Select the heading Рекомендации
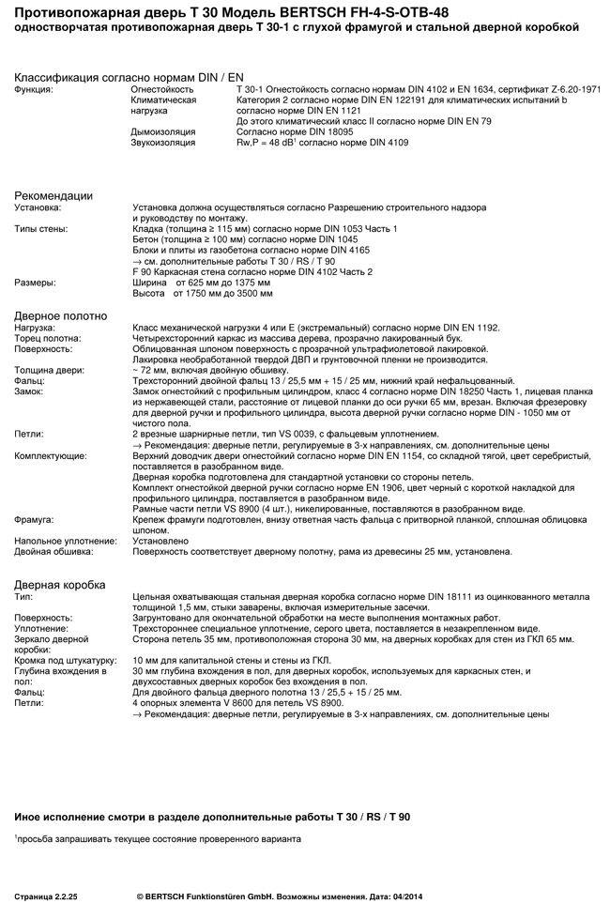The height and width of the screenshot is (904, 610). pyautogui.click(x=53, y=195)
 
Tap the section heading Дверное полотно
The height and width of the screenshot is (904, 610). pyautogui.click(x=60, y=315)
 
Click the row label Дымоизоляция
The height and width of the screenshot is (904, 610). pyautogui.click(x=163, y=132)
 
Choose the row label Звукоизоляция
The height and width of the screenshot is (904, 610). pyautogui.click(x=163, y=143)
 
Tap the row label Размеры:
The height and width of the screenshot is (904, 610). pyautogui.click(x=35, y=282)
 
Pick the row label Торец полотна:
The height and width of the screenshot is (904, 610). pyautogui.click(x=48, y=338)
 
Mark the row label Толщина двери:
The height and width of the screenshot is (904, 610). pyautogui.click(x=49, y=370)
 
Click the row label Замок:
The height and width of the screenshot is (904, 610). pyautogui.click(x=30, y=391)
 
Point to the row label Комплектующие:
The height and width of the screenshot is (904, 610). pyautogui.click(x=51, y=455)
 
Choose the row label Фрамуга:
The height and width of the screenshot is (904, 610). pyautogui.click(x=34, y=519)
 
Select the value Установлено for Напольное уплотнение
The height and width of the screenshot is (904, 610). pyautogui.click(x=161, y=541)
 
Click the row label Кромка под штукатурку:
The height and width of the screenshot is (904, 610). pyautogui.click(x=65, y=660)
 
